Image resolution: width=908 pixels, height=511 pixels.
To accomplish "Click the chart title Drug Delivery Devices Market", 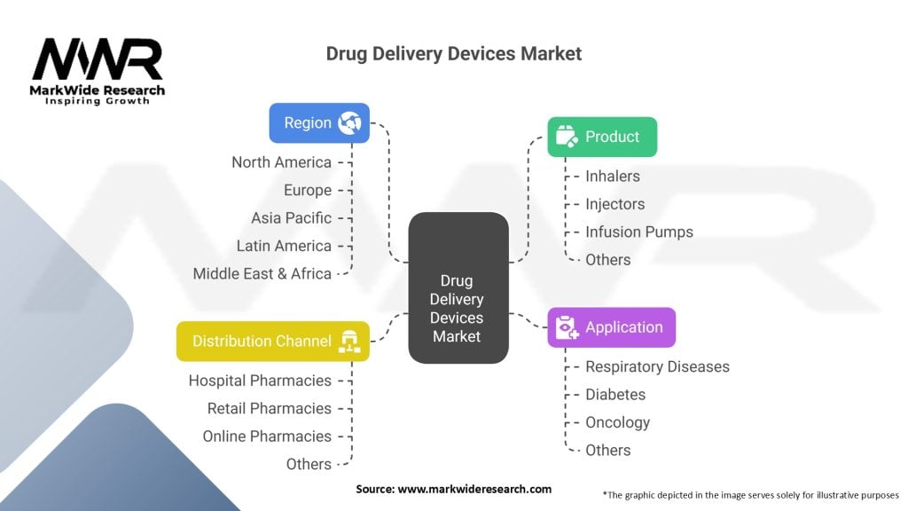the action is pos(454,53).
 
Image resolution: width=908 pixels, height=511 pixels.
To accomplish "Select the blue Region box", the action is pos(319,123).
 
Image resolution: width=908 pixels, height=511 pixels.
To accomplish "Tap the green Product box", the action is pos(602,137).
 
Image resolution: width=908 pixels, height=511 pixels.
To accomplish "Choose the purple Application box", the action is pos(611,327).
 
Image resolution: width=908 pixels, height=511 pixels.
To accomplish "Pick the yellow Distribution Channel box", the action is pos(273,342).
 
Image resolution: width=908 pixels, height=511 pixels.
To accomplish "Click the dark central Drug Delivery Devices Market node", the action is pos(458,288).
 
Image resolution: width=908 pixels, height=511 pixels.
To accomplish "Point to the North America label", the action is pos(281,162).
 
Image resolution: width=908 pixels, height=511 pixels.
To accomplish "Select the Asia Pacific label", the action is pos(291,218).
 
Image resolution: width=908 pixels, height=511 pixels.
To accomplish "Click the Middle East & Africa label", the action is pos(262,274).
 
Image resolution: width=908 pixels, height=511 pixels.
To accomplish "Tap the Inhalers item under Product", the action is pos(613,177).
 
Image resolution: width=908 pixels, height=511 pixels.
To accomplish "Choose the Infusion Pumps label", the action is pos(638,232).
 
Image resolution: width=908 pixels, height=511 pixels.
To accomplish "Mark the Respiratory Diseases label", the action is pos(657,367).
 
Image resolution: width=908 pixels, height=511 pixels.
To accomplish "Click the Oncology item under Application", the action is pos(617,423).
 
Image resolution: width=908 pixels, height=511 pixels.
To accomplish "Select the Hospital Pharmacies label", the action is pos(260,381).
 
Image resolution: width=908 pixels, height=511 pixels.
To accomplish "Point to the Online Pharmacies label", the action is pos(266,436).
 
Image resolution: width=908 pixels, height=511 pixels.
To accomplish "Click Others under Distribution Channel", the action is pos(309,464).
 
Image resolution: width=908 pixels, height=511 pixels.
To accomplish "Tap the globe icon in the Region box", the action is pos(348,123).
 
